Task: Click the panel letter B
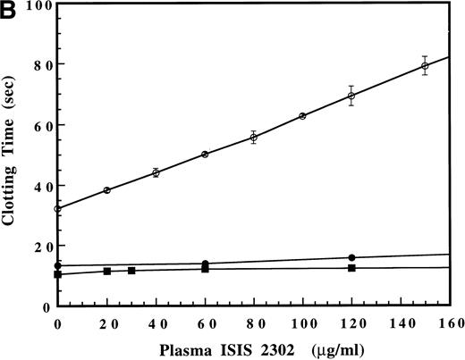coord(8,9)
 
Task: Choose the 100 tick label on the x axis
coord(302,321)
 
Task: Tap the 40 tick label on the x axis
coord(156,321)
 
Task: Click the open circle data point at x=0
coord(58,209)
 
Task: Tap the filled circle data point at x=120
coord(351,257)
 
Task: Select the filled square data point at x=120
coord(351,268)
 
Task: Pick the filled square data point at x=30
coord(131,271)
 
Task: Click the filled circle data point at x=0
coord(58,265)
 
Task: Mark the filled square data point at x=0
coord(58,274)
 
